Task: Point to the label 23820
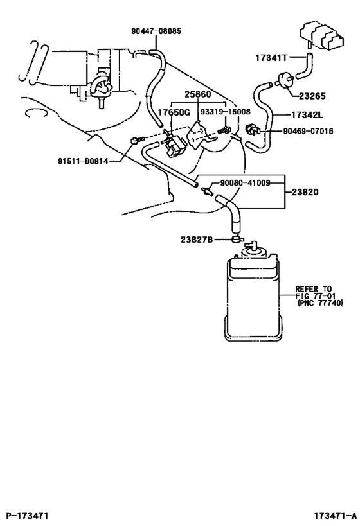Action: (313, 191)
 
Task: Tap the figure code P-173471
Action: (28, 516)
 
